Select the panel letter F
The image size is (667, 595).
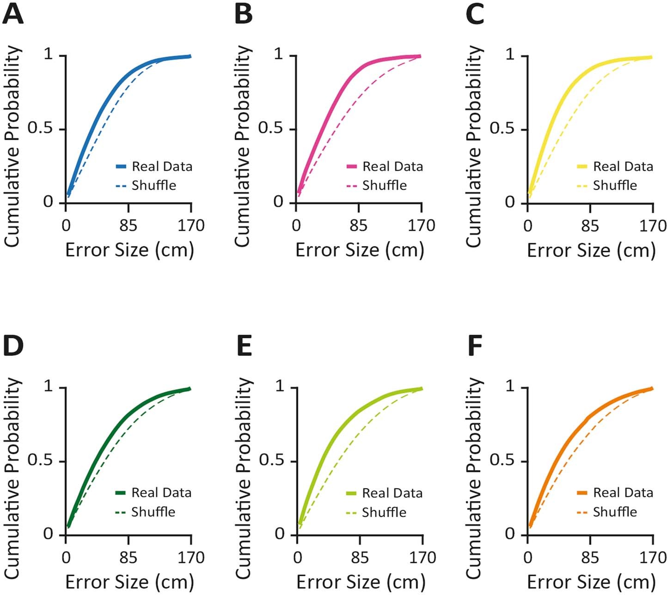(475, 346)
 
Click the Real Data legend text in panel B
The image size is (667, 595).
(392, 166)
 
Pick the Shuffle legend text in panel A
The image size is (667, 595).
(154, 186)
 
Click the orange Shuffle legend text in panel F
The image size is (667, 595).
(615, 512)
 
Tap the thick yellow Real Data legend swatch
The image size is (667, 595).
(582, 166)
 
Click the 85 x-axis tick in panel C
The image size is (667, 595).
(590, 226)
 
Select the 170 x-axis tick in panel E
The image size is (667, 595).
(422, 558)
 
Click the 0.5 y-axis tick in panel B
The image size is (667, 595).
(271, 128)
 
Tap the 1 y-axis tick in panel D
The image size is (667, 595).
(49, 386)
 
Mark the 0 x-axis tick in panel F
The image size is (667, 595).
(528, 558)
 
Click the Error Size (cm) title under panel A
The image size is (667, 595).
(129, 250)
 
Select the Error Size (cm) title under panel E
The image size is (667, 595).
(360, 582)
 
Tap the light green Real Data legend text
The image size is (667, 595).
(392, 493)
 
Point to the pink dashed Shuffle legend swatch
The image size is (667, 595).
(351, 186)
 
